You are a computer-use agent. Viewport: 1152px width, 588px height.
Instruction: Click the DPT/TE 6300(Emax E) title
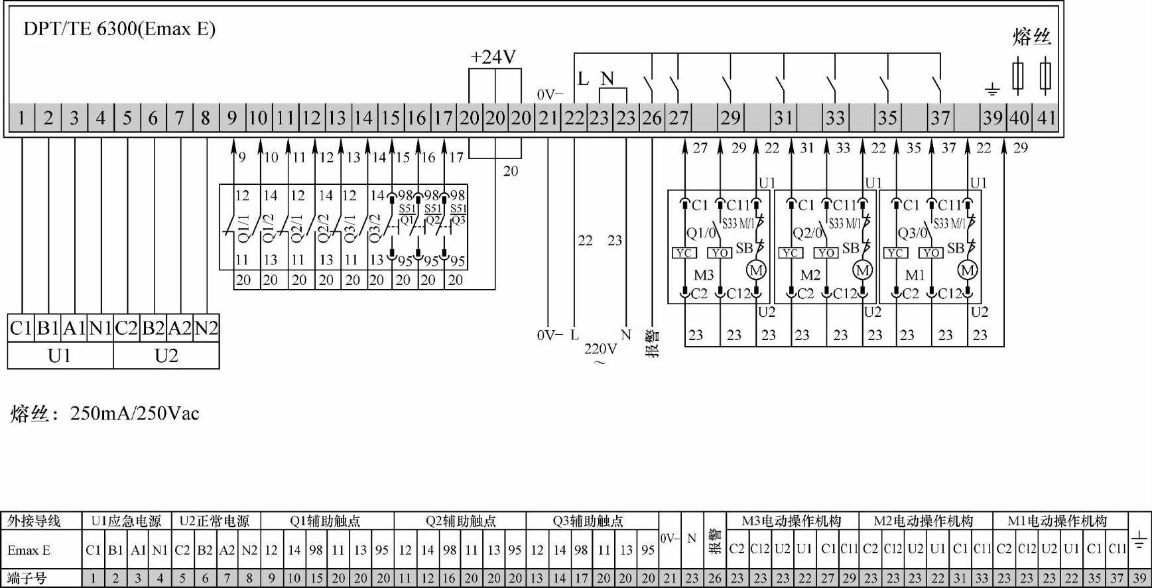pyautogui.click(x=119, y=29)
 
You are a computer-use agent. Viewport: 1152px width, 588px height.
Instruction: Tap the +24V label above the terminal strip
pyautogui.click(x=493, y=57)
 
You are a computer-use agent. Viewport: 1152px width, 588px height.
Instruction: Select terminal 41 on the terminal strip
pyautogui.click(x=1046, y=118)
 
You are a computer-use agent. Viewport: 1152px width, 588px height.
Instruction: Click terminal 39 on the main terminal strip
pyautogui.click(x=992, y=118)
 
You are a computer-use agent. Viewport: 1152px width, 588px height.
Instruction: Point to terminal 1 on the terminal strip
pyautogui.click(x=21, y=118)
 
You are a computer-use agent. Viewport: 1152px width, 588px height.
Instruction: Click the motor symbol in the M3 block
pyautogui.click(x=756, y=270)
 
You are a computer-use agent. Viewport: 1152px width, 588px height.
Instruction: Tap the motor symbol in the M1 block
pyautogui.click(x=968, y=270)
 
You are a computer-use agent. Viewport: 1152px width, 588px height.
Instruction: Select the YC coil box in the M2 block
pyautogui.click(x=790, y=253)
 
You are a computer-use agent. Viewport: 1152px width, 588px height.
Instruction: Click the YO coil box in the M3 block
pyautogui.click(x=720, y=253)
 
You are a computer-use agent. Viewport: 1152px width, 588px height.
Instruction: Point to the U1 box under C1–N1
pyautogui.click(x=60, y=356)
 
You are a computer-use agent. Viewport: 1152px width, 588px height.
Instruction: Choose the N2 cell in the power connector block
pyautogui.click(x=206, y=328)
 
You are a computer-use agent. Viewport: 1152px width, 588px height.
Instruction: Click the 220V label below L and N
pyautogui.click(x=600, y=349)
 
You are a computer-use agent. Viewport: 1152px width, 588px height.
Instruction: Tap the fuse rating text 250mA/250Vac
pyautogui.click(x=135, y=414)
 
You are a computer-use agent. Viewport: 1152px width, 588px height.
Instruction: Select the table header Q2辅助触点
pyautogui.click(x=460, y=521)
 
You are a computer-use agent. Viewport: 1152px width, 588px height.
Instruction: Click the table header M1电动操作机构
pyautogui.click(x=1057, y=521)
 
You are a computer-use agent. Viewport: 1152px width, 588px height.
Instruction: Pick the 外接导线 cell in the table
pyautogui.click(x=34, y=521)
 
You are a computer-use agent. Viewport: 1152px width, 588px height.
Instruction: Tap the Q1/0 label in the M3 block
pyautogui.click(x=700, y=233)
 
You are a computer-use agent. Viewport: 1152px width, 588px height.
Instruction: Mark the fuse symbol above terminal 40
pyautogui.click(x=1018, y=75)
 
